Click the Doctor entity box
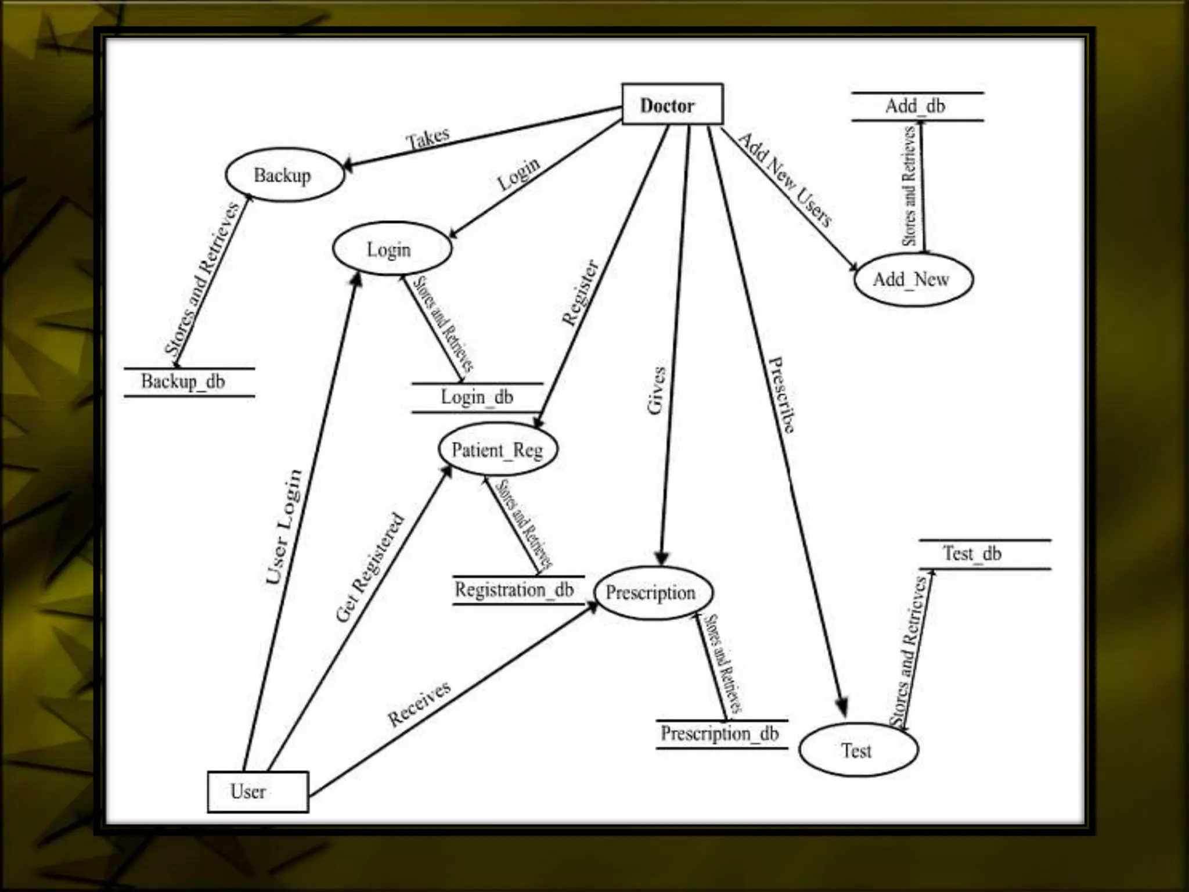[x=672, y=105]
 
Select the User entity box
[x=258, y=791]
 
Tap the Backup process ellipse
[x=284, y=175]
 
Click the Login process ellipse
[x=391, y=249]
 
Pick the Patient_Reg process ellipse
[x=498, y=449]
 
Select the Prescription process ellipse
[x=653, y=592]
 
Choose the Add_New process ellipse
[x=913, y=279]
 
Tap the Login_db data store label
[x=477, y=397]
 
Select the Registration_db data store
[x=514, y=589]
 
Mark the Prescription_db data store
[x=720, y=733]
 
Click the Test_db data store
[x=972, y=553]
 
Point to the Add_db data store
[x=916, y=106]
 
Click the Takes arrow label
[x=428, y=138]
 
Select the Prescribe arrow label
[x=781, y=395]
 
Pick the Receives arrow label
[x=419, y=703]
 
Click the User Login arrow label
[x=284, y=526]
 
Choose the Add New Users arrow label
[x=785, y=179]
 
